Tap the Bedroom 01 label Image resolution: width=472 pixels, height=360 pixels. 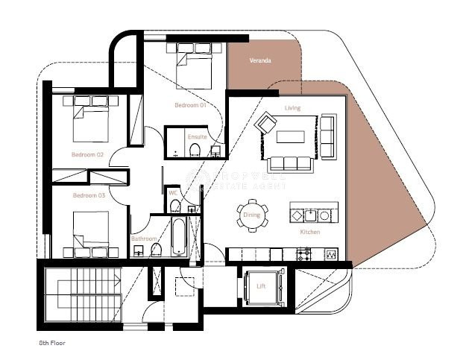click(x=189, y=105)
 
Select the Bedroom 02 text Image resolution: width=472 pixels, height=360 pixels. click(x=87, y=154)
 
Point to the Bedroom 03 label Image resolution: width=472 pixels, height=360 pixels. click(x=88, y=195)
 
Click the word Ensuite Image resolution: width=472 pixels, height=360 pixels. click(x=198, y=137)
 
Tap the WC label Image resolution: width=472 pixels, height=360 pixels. click(x=172, y=193)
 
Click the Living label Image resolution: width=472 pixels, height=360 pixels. click(x=292, y=108)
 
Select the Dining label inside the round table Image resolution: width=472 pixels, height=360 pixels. click(x=251, y=215)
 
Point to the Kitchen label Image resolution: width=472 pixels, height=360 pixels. click(x=310, y=233)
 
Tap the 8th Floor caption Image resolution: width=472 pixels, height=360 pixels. click(x=53, y=344)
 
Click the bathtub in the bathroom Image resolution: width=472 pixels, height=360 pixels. click(x=179, y=237)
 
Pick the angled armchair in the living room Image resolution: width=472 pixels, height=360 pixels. click(x=265, y=122)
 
